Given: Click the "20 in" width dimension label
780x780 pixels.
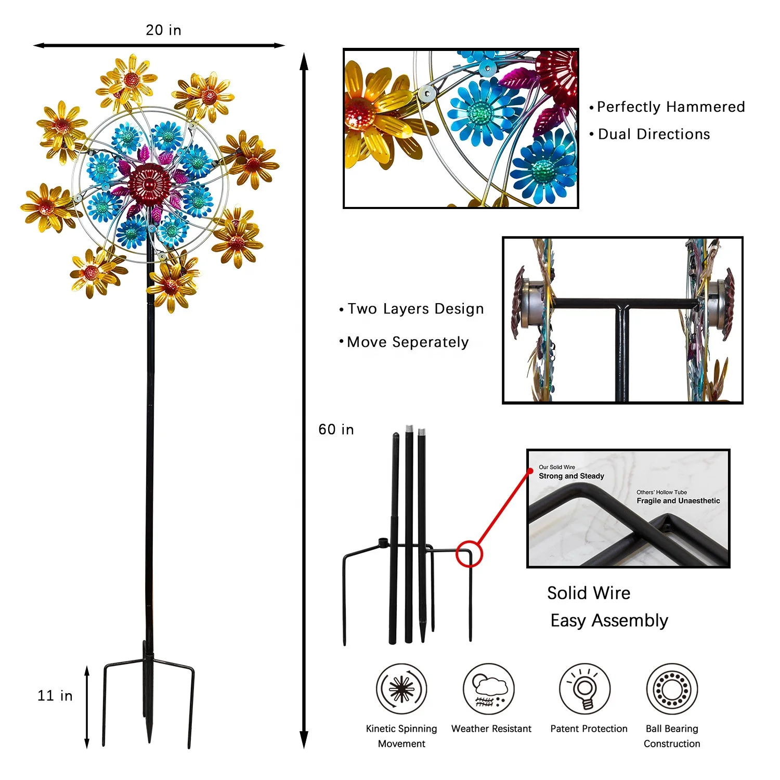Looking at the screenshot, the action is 163,30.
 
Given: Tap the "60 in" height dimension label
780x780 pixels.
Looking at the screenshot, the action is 336,430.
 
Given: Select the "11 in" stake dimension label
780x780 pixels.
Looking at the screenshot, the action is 55,696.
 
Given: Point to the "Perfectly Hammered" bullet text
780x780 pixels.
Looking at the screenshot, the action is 671,107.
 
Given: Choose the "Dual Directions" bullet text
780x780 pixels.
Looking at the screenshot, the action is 654,134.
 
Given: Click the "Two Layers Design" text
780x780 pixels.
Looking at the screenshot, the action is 415,309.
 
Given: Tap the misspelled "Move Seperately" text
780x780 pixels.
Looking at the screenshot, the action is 408,342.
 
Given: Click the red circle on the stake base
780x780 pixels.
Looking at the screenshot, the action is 469,554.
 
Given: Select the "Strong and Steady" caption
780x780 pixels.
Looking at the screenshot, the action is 571,476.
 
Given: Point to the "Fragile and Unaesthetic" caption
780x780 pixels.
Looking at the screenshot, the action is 678,501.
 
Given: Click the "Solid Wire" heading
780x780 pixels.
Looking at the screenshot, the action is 589,593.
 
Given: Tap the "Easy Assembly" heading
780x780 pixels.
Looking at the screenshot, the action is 609,620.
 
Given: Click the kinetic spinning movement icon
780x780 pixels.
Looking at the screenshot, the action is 401,688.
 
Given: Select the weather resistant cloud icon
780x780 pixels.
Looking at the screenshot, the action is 488,689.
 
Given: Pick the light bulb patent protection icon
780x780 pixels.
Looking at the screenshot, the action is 585,689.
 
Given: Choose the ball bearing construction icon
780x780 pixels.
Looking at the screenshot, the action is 672,689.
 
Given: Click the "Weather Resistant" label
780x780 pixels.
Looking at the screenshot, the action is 491,729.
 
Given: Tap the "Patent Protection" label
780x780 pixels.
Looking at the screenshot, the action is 589,729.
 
